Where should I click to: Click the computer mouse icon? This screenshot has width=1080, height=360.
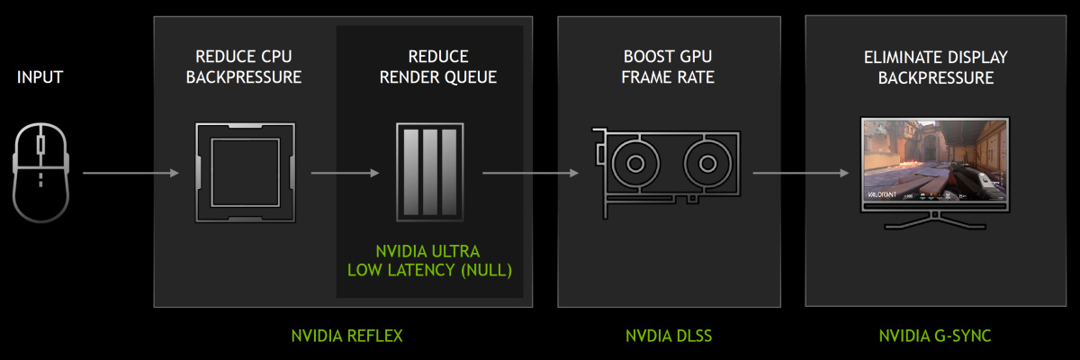point(40,172)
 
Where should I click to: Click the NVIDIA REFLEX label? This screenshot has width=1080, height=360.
point(346,336)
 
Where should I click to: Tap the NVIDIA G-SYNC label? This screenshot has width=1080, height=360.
point(937,336)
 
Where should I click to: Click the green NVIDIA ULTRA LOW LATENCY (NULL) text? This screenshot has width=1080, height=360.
point(428,260)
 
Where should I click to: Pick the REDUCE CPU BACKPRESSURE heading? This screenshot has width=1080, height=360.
point(243,67)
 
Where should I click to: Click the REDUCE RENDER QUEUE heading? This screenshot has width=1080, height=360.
point(437,67)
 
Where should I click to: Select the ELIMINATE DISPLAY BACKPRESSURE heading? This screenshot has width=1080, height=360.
point(936,67)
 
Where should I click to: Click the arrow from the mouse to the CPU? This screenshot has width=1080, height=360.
point(130,172)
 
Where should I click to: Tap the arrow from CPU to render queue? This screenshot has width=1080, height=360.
point(345,172)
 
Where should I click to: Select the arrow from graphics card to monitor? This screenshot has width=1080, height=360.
point(801,172)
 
